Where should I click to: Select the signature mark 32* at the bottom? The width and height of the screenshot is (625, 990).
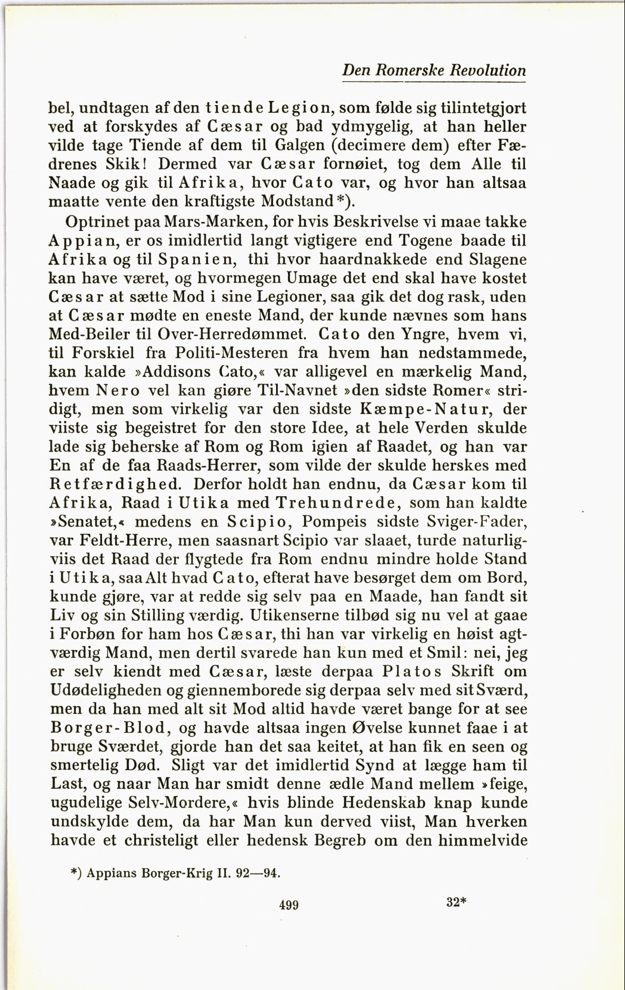(x=456, y=902)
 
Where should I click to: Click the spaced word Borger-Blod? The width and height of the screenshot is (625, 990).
(x=108, y=728)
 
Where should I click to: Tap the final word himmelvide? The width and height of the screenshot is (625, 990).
(x=483, y=840)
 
